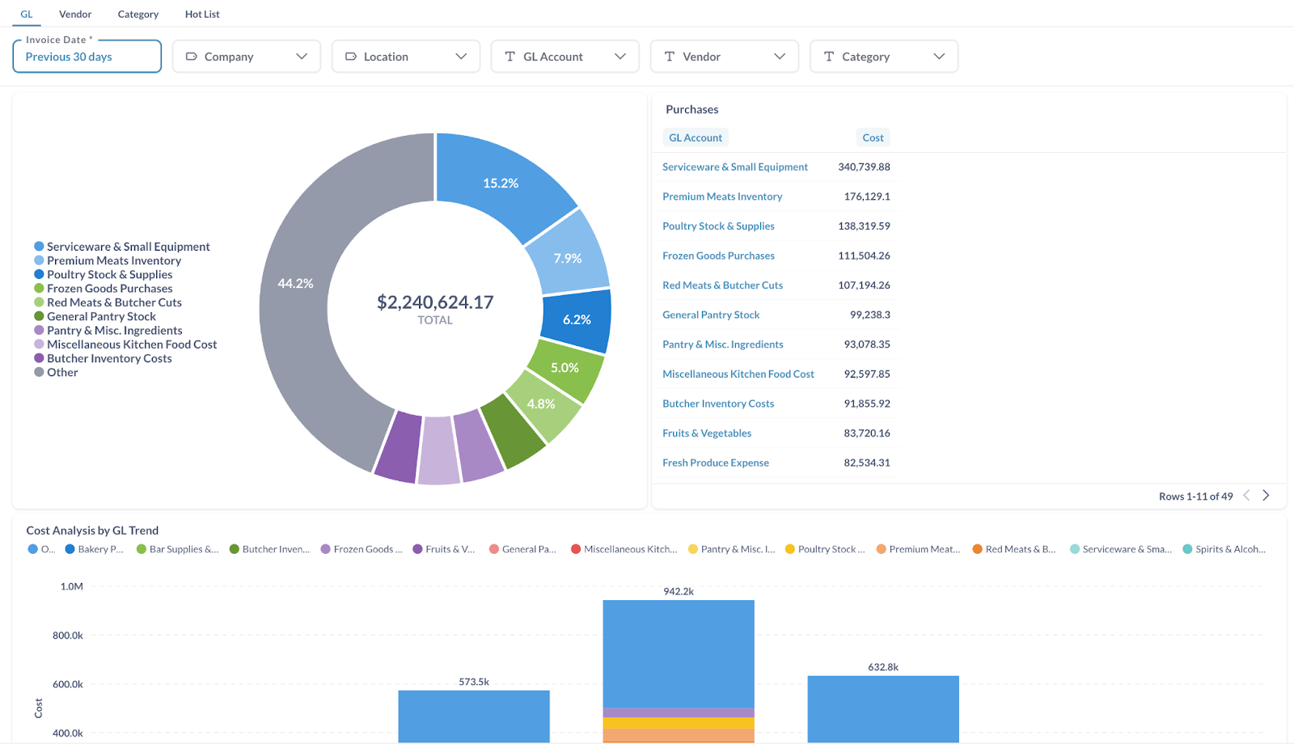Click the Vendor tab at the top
click(x=75, y=15)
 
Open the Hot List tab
click(x=202, y=15)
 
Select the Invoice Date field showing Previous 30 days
click(x=87, y=57)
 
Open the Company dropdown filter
click(x=247, y=57)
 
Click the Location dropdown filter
click(x=406, y=57)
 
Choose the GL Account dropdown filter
click(x=565, y=57)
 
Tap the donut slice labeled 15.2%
click(x=501, y=184)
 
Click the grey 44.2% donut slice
click(x=296, y=284)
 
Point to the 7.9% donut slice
click(x=568, y=259)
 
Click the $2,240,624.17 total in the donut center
click(x=435, y=302)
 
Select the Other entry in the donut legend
click(x=62, y=373)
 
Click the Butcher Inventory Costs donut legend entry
click(x=109, y=359)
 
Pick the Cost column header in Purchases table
click(x=873, y=138)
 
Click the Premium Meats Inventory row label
click(x=722, y=197)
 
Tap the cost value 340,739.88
click(x=864, y=167)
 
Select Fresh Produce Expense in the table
click(x=716, y=463)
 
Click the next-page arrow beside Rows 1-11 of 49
click(x=1267, y=496)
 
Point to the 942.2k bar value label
click(x=679, y=592)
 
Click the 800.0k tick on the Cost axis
click(x=68, y=636)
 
